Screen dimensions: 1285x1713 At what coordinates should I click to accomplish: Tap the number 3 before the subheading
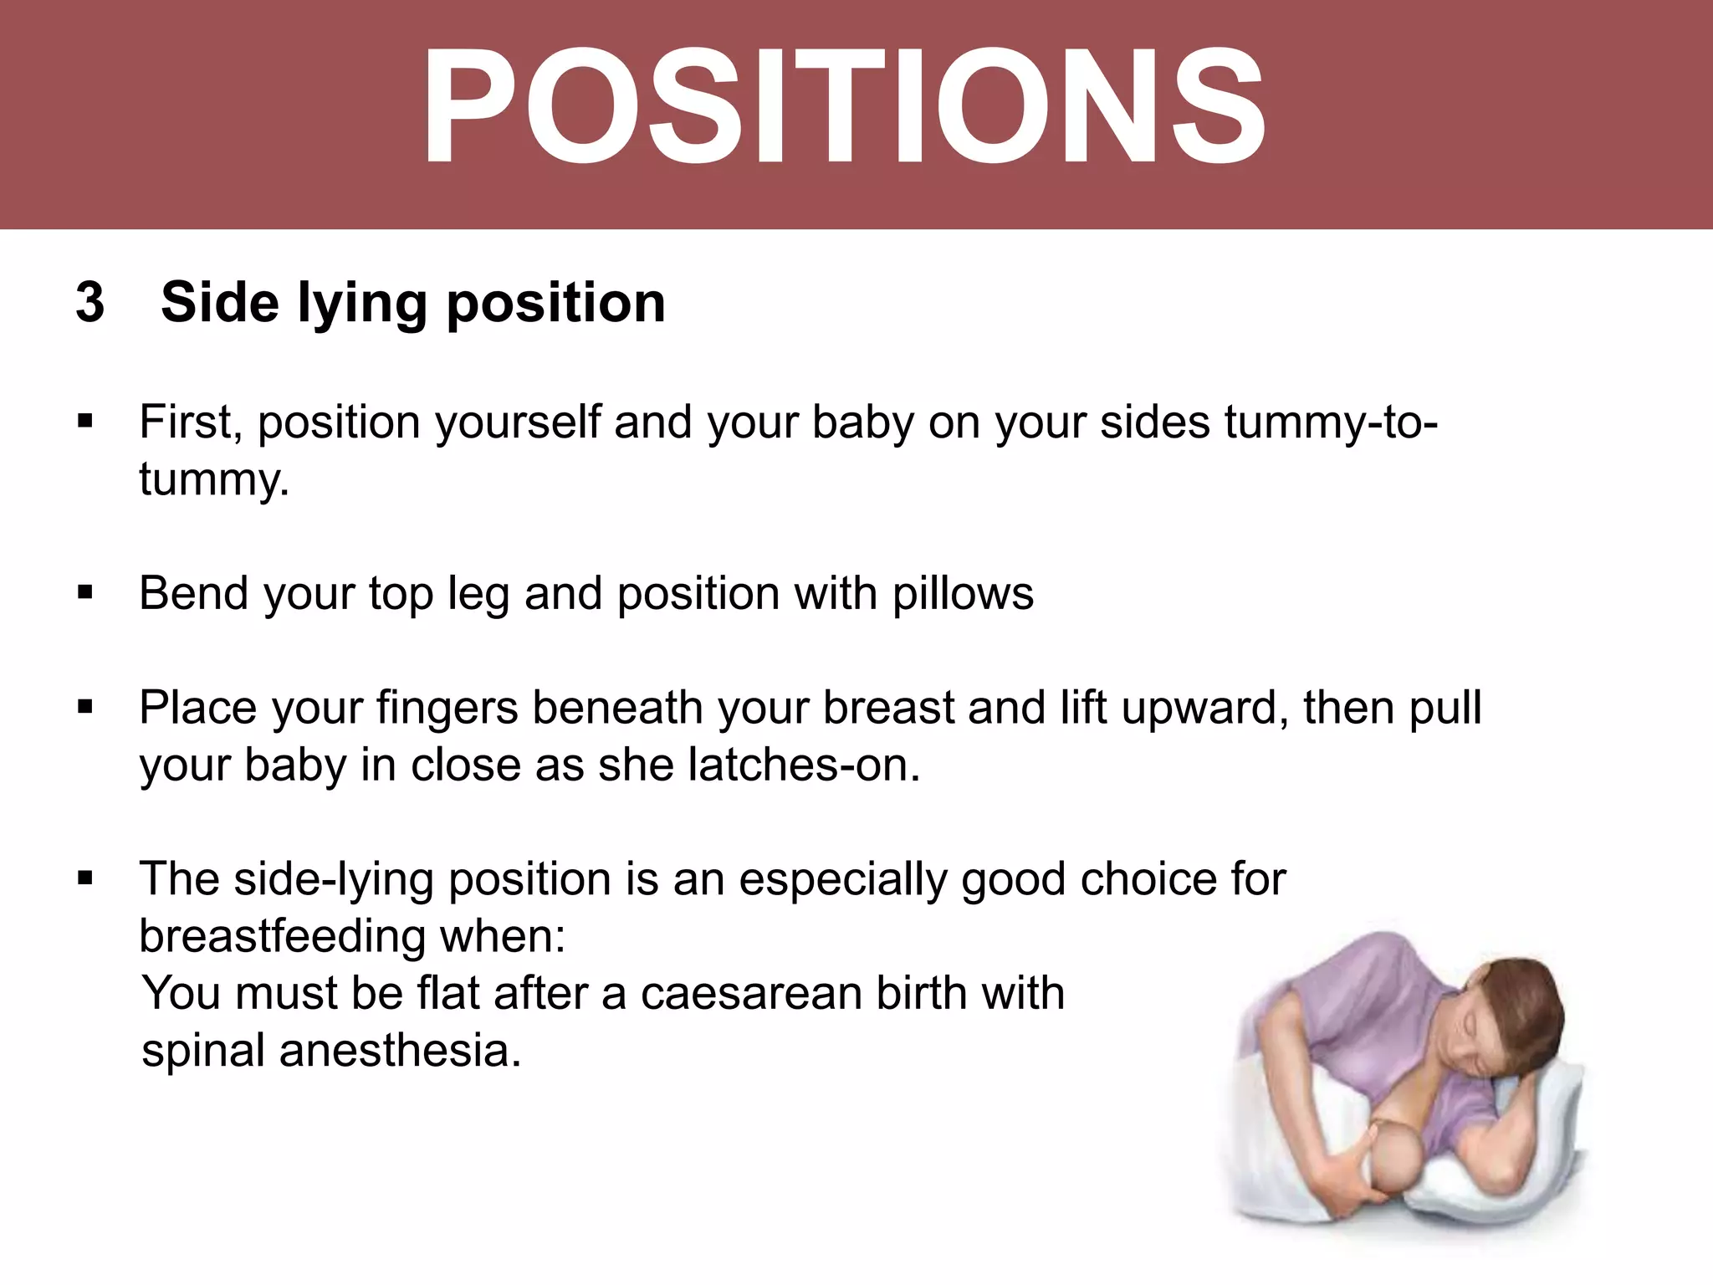(x=90, y=302)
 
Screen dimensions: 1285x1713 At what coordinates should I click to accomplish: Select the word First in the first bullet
(x=190, y=422)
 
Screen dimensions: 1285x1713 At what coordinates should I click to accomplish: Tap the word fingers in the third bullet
(x=447, y=708)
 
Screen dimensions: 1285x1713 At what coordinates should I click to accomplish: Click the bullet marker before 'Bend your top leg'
(x=84, y=593)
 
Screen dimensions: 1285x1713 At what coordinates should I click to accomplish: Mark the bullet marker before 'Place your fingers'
(x=84, y=708)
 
